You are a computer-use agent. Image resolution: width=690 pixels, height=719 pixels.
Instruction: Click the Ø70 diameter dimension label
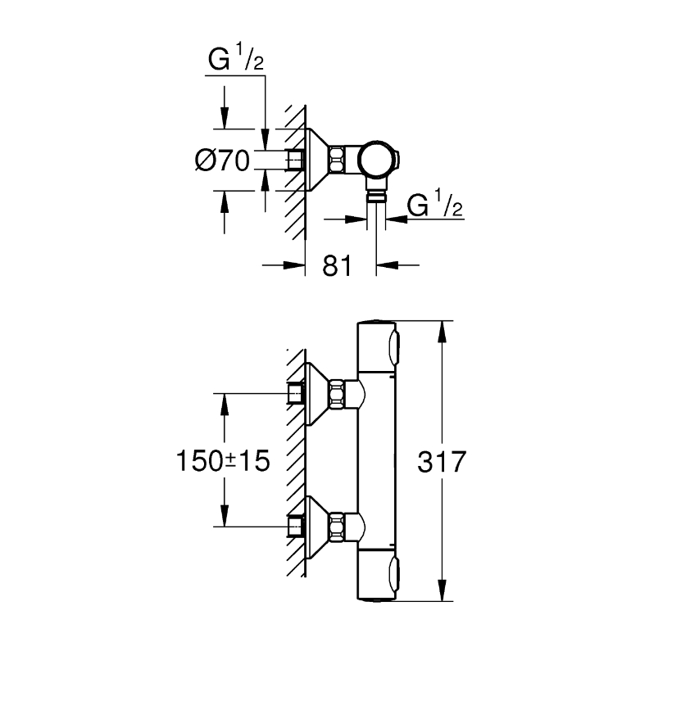[222, 161]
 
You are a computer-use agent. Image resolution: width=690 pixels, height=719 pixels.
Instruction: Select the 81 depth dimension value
[337, 266]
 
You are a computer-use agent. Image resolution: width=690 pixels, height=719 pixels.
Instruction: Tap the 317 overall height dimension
[442, 462]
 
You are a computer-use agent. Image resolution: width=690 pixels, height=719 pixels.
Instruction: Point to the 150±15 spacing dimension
[224, 461]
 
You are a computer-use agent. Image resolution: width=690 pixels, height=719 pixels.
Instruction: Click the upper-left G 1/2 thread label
[236, 57]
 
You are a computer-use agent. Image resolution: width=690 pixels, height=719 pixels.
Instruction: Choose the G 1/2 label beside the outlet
[434, 204]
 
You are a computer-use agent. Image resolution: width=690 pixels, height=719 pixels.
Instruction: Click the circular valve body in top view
[376, 160]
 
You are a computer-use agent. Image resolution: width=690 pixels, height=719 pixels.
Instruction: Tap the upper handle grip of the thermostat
[394, 346]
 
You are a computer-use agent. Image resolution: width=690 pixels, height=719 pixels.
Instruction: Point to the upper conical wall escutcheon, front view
[316, 394]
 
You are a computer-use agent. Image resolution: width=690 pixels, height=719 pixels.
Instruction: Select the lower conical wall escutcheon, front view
[316, 527]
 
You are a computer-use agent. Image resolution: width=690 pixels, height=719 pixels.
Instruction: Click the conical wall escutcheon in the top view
[316, 160]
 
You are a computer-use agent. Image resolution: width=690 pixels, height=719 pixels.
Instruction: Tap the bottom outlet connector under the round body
[376, 191]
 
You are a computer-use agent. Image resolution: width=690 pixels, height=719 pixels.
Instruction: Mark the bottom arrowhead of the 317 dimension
[442, 590]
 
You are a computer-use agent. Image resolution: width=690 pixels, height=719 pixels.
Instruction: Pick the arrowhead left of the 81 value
[294, 265]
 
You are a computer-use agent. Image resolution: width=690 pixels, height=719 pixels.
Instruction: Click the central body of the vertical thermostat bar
[376, 461]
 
